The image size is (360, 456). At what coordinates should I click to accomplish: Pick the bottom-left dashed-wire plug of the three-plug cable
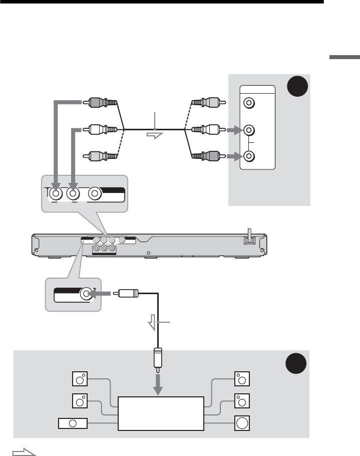(101, 155)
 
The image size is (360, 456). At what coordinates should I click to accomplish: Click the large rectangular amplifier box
(161, 413)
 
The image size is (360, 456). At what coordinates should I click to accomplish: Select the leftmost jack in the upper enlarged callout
(56, 192)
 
